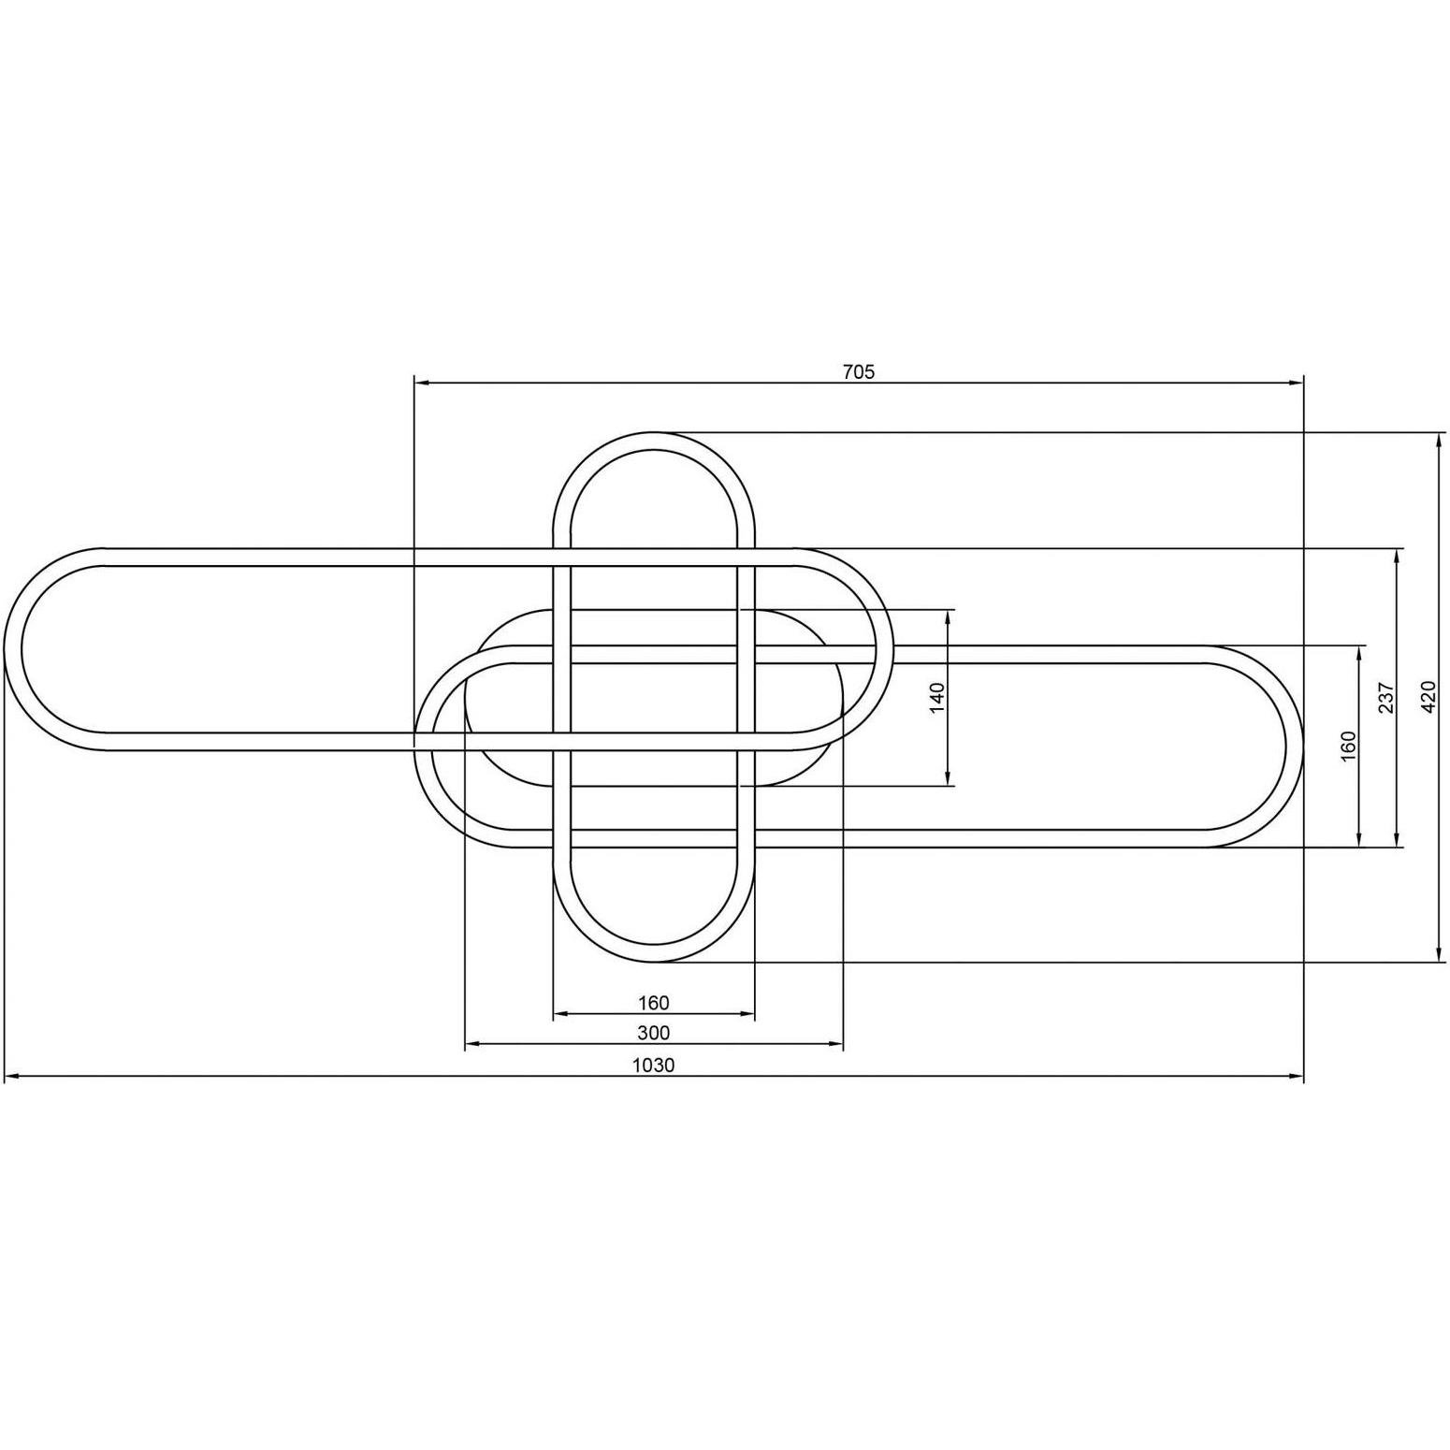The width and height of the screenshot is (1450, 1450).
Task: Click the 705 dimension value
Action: tap(859, 371)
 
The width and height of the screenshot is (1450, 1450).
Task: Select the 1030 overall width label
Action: tap(653, 1065)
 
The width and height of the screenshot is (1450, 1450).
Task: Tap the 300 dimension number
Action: tap(654, 1033)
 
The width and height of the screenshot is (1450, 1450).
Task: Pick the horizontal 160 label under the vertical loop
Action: tap(654, 1003)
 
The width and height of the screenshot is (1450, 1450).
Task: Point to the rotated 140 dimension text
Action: tap(938, 698)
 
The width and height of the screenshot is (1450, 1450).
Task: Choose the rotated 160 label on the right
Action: tap(1348, 746)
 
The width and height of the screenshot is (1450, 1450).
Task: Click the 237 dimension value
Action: tap(1386, 698)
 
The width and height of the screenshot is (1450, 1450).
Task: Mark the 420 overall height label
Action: tap(1428, 697)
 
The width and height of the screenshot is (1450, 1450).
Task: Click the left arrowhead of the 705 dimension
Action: tap(421, 383)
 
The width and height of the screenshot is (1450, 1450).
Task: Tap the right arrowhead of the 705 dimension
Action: tap(1297, 383)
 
